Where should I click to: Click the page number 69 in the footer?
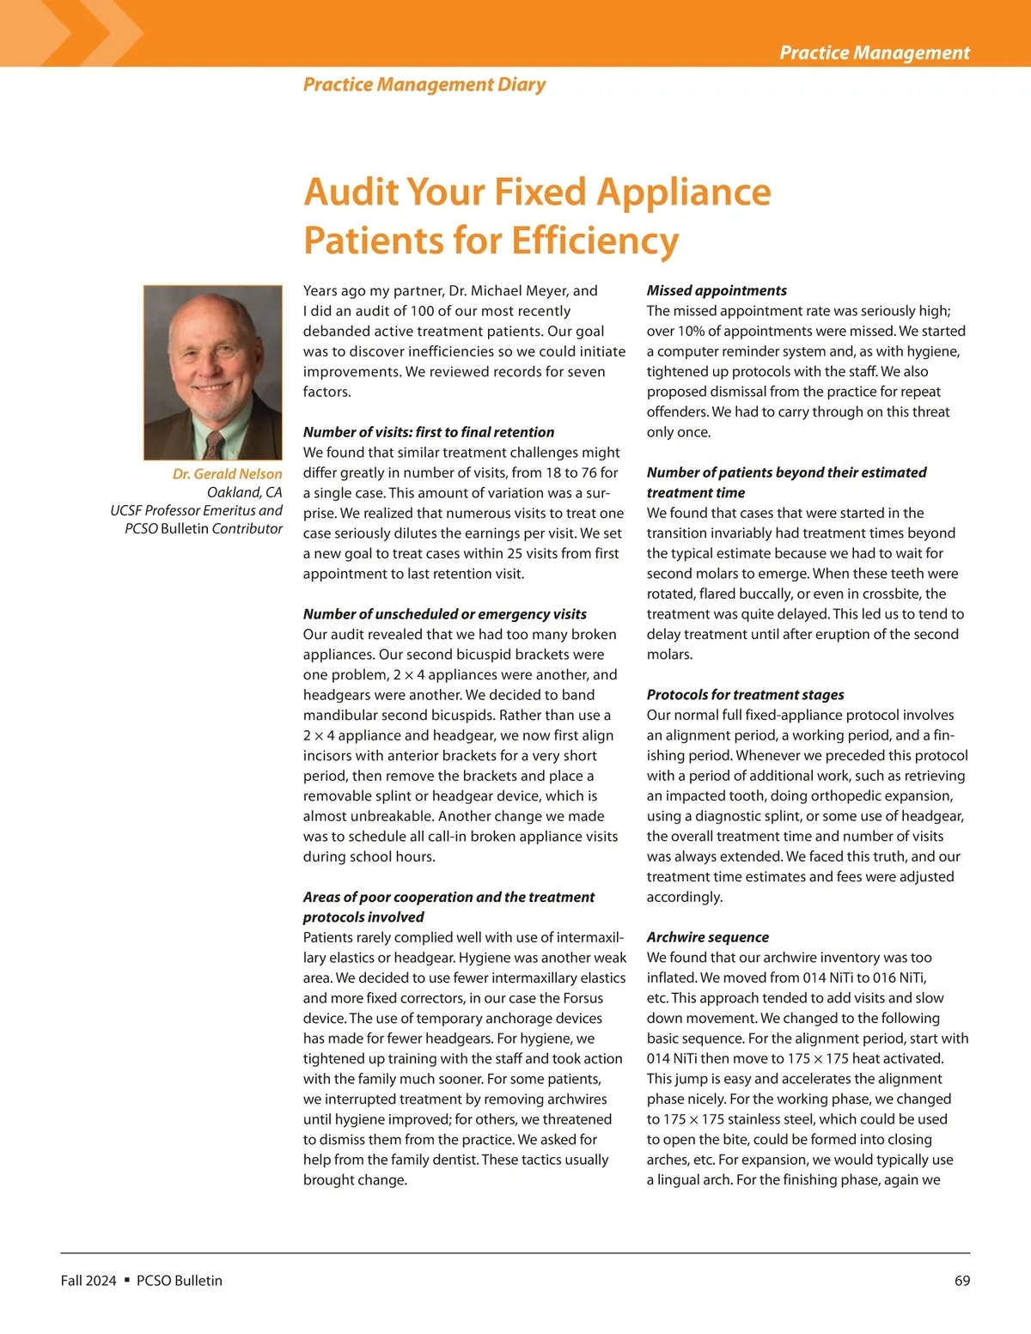962,1281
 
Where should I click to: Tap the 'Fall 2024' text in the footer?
88,1281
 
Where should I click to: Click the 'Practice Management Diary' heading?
424,84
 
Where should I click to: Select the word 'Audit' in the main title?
351,192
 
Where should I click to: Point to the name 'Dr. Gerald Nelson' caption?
227,473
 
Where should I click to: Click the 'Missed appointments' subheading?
717,290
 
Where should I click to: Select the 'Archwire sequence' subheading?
708,937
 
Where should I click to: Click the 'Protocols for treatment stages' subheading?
745,694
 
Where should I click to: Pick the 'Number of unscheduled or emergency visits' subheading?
444,613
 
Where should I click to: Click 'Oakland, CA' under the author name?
244,492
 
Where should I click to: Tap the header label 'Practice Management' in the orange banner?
875,52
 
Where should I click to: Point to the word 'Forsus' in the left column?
583,998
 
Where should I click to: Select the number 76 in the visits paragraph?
588,472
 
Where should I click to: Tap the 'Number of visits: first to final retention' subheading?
428,432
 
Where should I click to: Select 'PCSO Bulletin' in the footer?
179,1281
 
